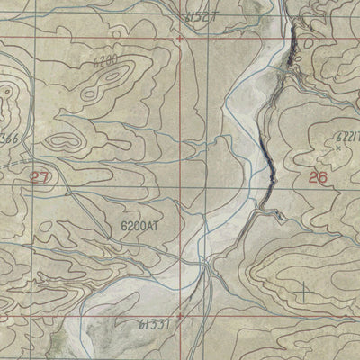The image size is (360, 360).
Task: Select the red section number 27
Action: coord(40,177)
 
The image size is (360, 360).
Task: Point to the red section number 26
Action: coord(317,176)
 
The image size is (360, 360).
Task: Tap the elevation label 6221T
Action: coord(346,137)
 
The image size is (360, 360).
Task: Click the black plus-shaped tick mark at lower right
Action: coord(304,291)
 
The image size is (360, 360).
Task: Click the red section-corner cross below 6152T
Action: coord(180,39)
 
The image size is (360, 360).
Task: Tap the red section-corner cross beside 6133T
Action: coord(180,317)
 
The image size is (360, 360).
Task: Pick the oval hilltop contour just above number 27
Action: coord(63,141)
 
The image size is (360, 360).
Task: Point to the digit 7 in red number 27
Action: coord(45,177)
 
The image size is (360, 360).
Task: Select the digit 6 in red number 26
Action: coord(322,176)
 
